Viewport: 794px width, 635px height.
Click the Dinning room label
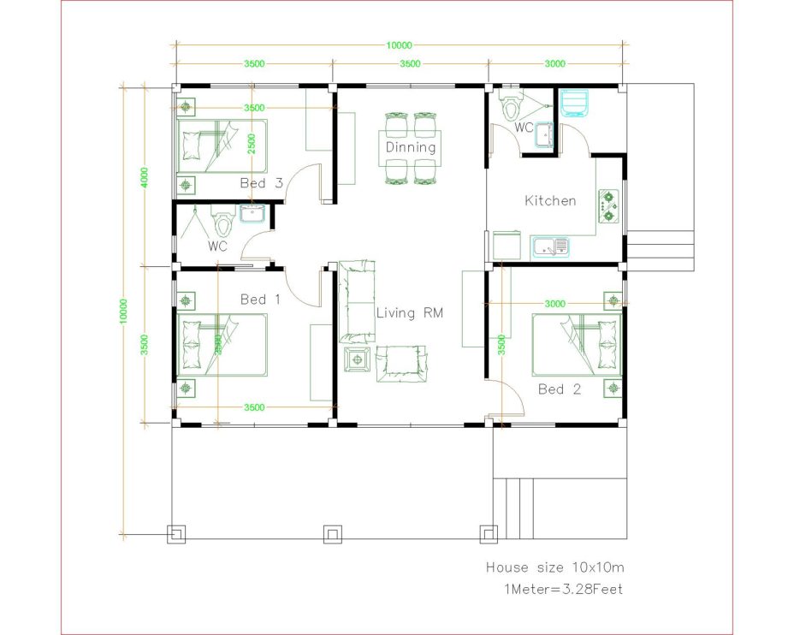pyautogui.click(x=410, y=147)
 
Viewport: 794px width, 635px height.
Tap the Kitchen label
pyautogui.click(x=550, y=201)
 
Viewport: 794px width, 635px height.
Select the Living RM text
pyautogui.click(x=410, y=313)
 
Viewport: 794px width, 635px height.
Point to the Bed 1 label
pyautogui.click(x=260, y=300)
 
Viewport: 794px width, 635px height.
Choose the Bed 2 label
pyautogui.click(x=560, y=389)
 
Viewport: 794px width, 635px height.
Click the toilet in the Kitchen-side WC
pyautogui.click(x=512, y=107)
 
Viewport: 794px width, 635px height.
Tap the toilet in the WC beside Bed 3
pyautogui.click(x=223, y=224)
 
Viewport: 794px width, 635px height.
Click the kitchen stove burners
pyautogui.click(x=609, y=205)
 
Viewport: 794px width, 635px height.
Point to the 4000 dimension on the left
pyautogui.click(x=145, y=176)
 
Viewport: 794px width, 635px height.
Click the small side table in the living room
pyautogui.click(x=357, y=359)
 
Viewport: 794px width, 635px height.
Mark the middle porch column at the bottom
pyautogui.click(x=332, y=534)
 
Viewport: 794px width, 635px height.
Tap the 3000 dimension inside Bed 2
pyautogui.click(x=554, y=303)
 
